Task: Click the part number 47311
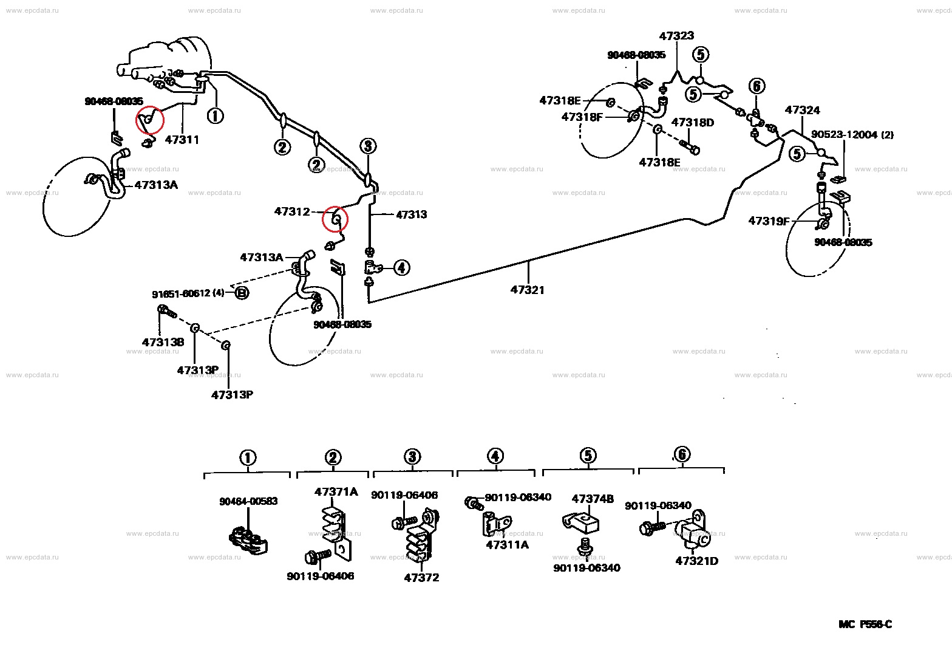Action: (182, 140)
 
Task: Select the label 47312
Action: (292, 211)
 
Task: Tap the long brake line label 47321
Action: (528, 290)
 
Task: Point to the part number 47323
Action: (676, 36)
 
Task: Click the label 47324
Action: (802, 110)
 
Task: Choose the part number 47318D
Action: (693, 123)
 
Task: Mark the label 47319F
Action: (769, 221)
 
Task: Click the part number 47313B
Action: (163, 342)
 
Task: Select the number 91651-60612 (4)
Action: (188, 293)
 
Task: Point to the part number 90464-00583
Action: (248, 501)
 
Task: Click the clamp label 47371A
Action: (336, 492)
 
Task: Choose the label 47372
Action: (421, 578)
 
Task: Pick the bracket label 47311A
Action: (507, 545)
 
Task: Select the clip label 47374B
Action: (593, 499)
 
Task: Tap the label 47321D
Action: (696, 561)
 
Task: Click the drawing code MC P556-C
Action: (865, 624)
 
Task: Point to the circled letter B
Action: (242, 293)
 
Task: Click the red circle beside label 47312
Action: (335, 219)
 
